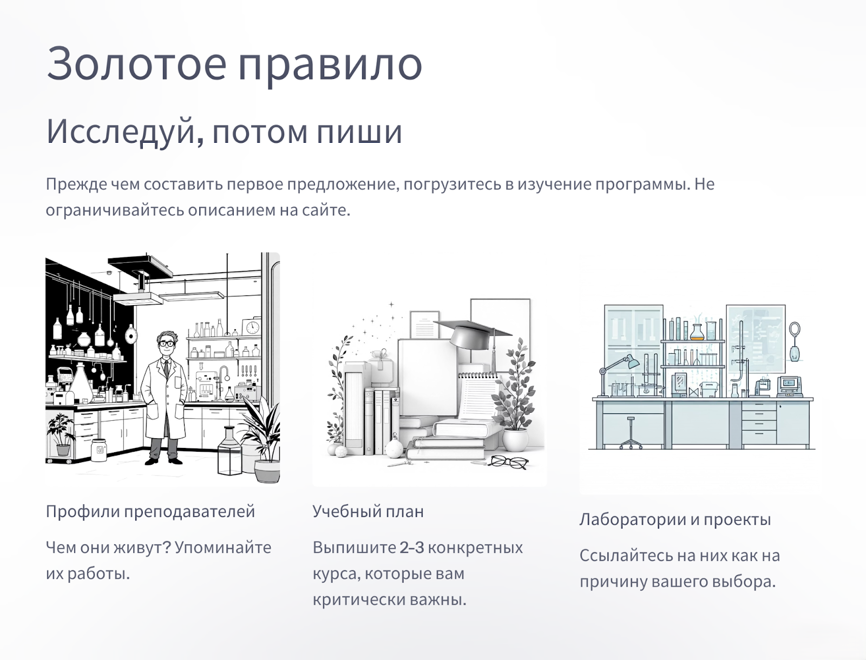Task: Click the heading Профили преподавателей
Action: [150, 511]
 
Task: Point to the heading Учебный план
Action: [368, 511]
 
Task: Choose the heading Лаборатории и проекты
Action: [675, 519]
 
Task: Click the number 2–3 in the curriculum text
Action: [411, 547]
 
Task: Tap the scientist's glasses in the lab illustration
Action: [166, 344]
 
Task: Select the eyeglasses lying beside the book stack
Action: [509, 461]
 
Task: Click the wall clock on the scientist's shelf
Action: [253, 327]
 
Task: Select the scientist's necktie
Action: [167, 368]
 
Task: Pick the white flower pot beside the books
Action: [516, 440]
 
